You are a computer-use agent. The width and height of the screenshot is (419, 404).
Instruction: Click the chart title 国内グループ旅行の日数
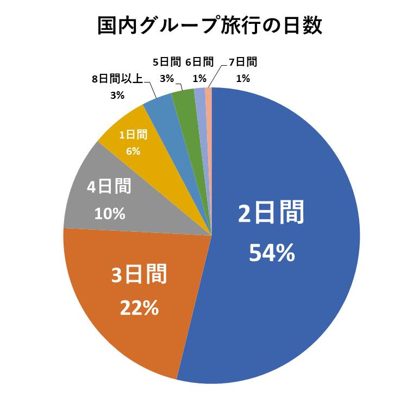[x=209, y=25]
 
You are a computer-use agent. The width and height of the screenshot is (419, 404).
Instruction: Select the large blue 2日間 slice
[x=304, y=163]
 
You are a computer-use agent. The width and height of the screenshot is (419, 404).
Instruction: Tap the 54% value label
[x=272, y=253]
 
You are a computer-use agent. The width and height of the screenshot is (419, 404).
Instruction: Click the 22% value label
[x=139, y=308]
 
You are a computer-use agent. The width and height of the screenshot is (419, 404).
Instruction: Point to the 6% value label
[x=133, y=151]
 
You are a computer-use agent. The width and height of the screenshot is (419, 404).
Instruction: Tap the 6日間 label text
[x=199, y=62]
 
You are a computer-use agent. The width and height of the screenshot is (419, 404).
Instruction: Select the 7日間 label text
[x=243, y=62]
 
